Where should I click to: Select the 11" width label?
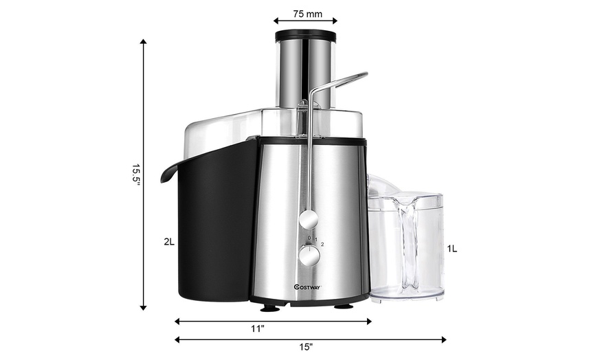(x=257, y=329)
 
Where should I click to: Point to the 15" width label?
(x=306, y=348)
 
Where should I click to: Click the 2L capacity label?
(x=169, y=242)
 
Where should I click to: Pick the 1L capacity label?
(x=452, y=249)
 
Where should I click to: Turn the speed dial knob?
(x=309, y=256)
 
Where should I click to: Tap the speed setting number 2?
(x=322, y=244)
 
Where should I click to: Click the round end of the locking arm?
(x=309, y=219)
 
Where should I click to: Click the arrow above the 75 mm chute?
(x=305, y=21)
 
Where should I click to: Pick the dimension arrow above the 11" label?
(x=273, y=321)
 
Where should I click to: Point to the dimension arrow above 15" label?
(x=311, y=339)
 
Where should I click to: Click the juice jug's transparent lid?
(x=406, y=201)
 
